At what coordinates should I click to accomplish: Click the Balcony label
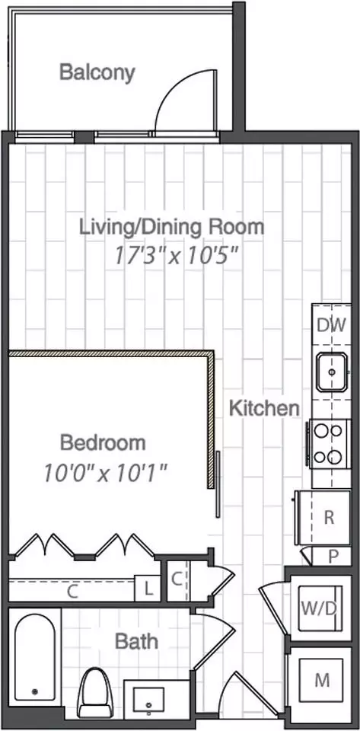click(97, 73)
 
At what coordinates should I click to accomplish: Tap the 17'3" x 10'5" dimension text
click(177, 256)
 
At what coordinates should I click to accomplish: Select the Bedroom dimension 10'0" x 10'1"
click(106, 473)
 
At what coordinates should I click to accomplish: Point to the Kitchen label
click(265, 409)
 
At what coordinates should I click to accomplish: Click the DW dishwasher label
click(332, 325)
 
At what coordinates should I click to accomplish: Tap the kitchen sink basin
click(332, 372)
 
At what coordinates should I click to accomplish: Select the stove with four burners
click(329, 444)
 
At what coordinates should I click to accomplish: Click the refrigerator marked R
click(323, 518)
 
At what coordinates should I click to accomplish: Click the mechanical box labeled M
click(322, 680)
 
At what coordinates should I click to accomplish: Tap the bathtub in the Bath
click(34, 657)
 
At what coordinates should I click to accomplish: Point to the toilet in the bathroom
click(95, 693)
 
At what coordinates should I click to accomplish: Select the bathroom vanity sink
click(148, 701)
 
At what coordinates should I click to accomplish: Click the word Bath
click(136, 641)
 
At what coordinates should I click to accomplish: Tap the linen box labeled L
click(148, 589)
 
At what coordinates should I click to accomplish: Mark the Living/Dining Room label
click(172, 228)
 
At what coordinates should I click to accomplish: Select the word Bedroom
click(103, 442)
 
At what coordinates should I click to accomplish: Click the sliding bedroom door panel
click(218, 484)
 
